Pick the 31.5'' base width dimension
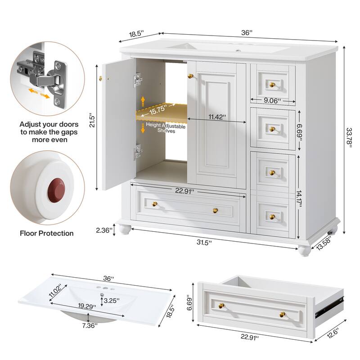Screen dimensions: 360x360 click(203, 242)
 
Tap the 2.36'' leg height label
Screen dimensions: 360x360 click(103, 230)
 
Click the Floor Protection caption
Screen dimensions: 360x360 click(47, 233)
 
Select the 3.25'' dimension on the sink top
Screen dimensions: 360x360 click(111, 300)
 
